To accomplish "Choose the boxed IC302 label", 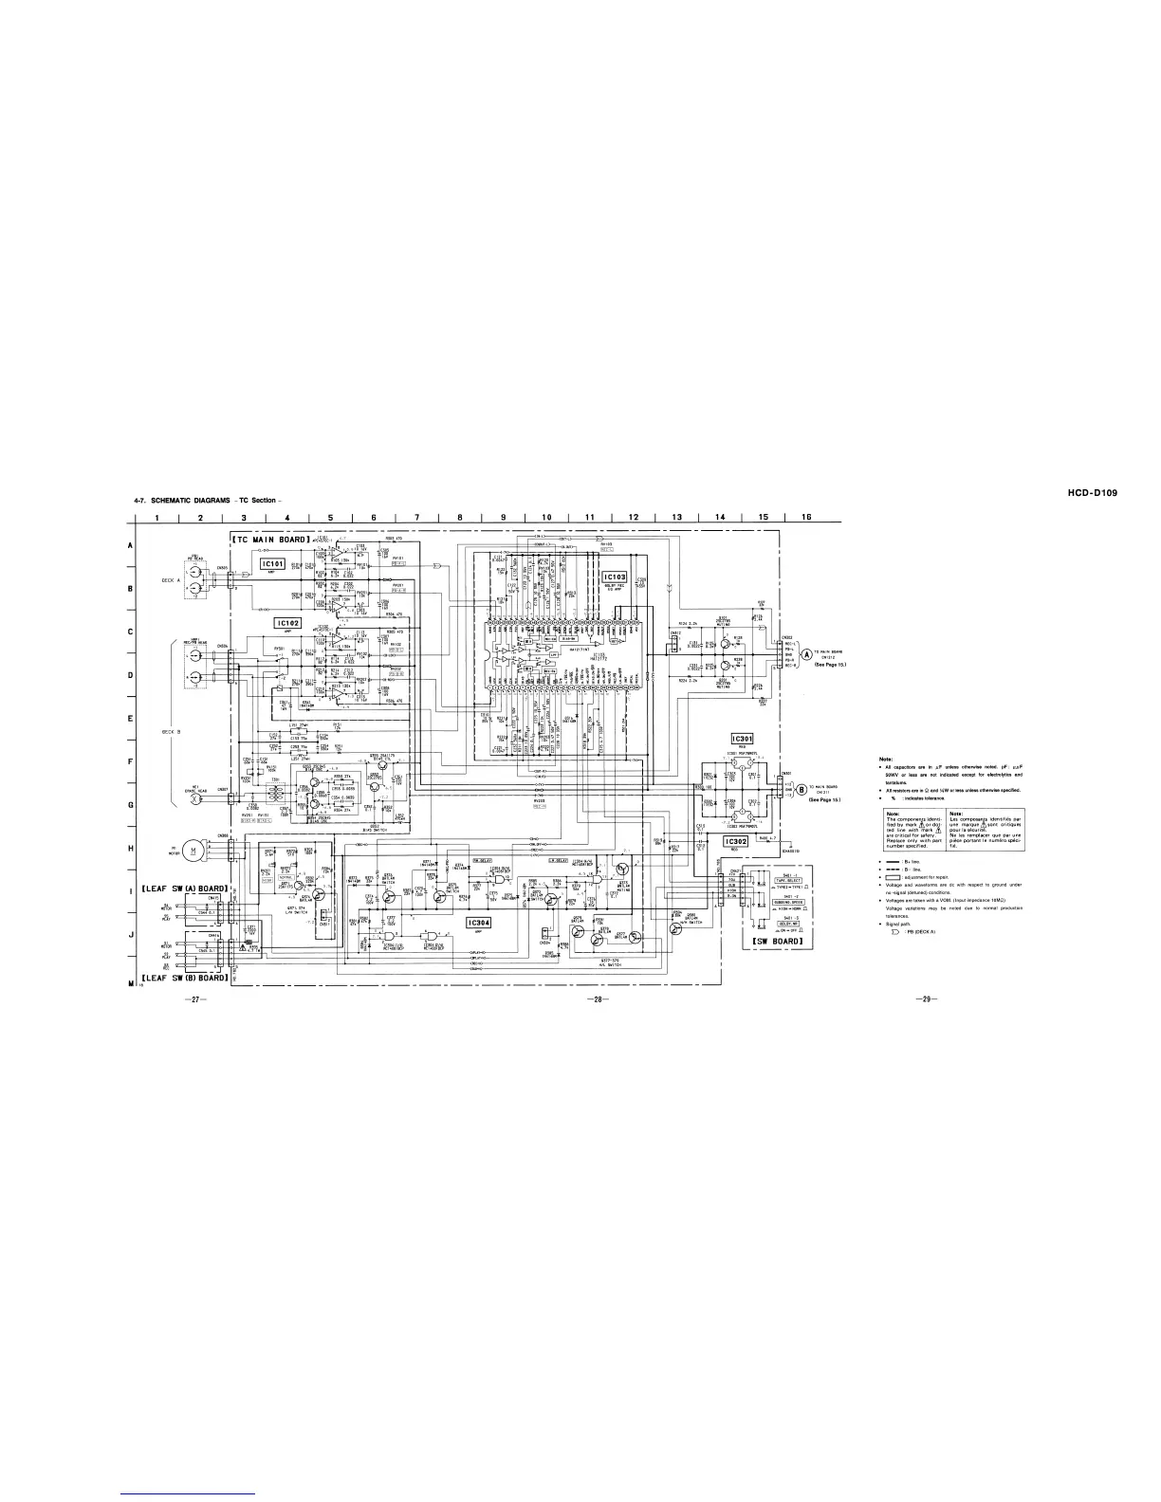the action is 737,815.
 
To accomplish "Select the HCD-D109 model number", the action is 1080,492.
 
